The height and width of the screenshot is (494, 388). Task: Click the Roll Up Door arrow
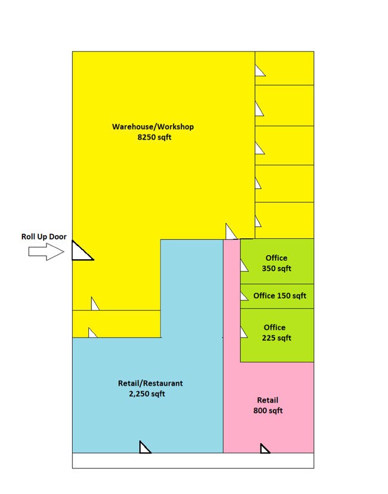[x=47, y=251]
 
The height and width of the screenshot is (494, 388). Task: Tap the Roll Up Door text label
[x=44, y=237]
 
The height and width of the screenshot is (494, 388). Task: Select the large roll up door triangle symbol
[x=82, y=250]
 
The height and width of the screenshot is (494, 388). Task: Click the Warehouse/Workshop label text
[x=153, y=127]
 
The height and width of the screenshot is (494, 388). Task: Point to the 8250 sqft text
[x=155, y=137]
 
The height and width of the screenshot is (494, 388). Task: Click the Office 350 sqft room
[x=277, y=261]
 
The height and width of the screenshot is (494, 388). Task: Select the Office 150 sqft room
[x=277, y=296]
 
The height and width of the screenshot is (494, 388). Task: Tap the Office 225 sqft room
[x=277, y=335]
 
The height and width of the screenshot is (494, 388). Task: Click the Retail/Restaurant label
[x=150, y=383]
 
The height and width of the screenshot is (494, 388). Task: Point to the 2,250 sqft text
[x=147, y=394]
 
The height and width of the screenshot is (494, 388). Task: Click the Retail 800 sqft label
[x=268, y=405]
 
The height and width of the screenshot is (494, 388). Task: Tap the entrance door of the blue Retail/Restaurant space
[x=145, y=447]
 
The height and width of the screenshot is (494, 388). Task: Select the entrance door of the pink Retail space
[x=265, y=449]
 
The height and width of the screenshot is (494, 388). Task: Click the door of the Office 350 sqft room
[x=244, y=265]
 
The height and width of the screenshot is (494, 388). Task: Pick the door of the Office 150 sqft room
[x=244, y=296]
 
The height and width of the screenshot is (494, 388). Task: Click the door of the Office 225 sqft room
[x=244, y=332]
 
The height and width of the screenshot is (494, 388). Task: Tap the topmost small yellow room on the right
[x=284, y=68]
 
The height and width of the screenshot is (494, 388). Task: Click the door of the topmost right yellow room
[x=260, y=70]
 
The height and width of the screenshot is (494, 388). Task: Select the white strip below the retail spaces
[x=193, y=461]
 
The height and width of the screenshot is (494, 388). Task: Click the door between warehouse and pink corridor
[x=231, y=231]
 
